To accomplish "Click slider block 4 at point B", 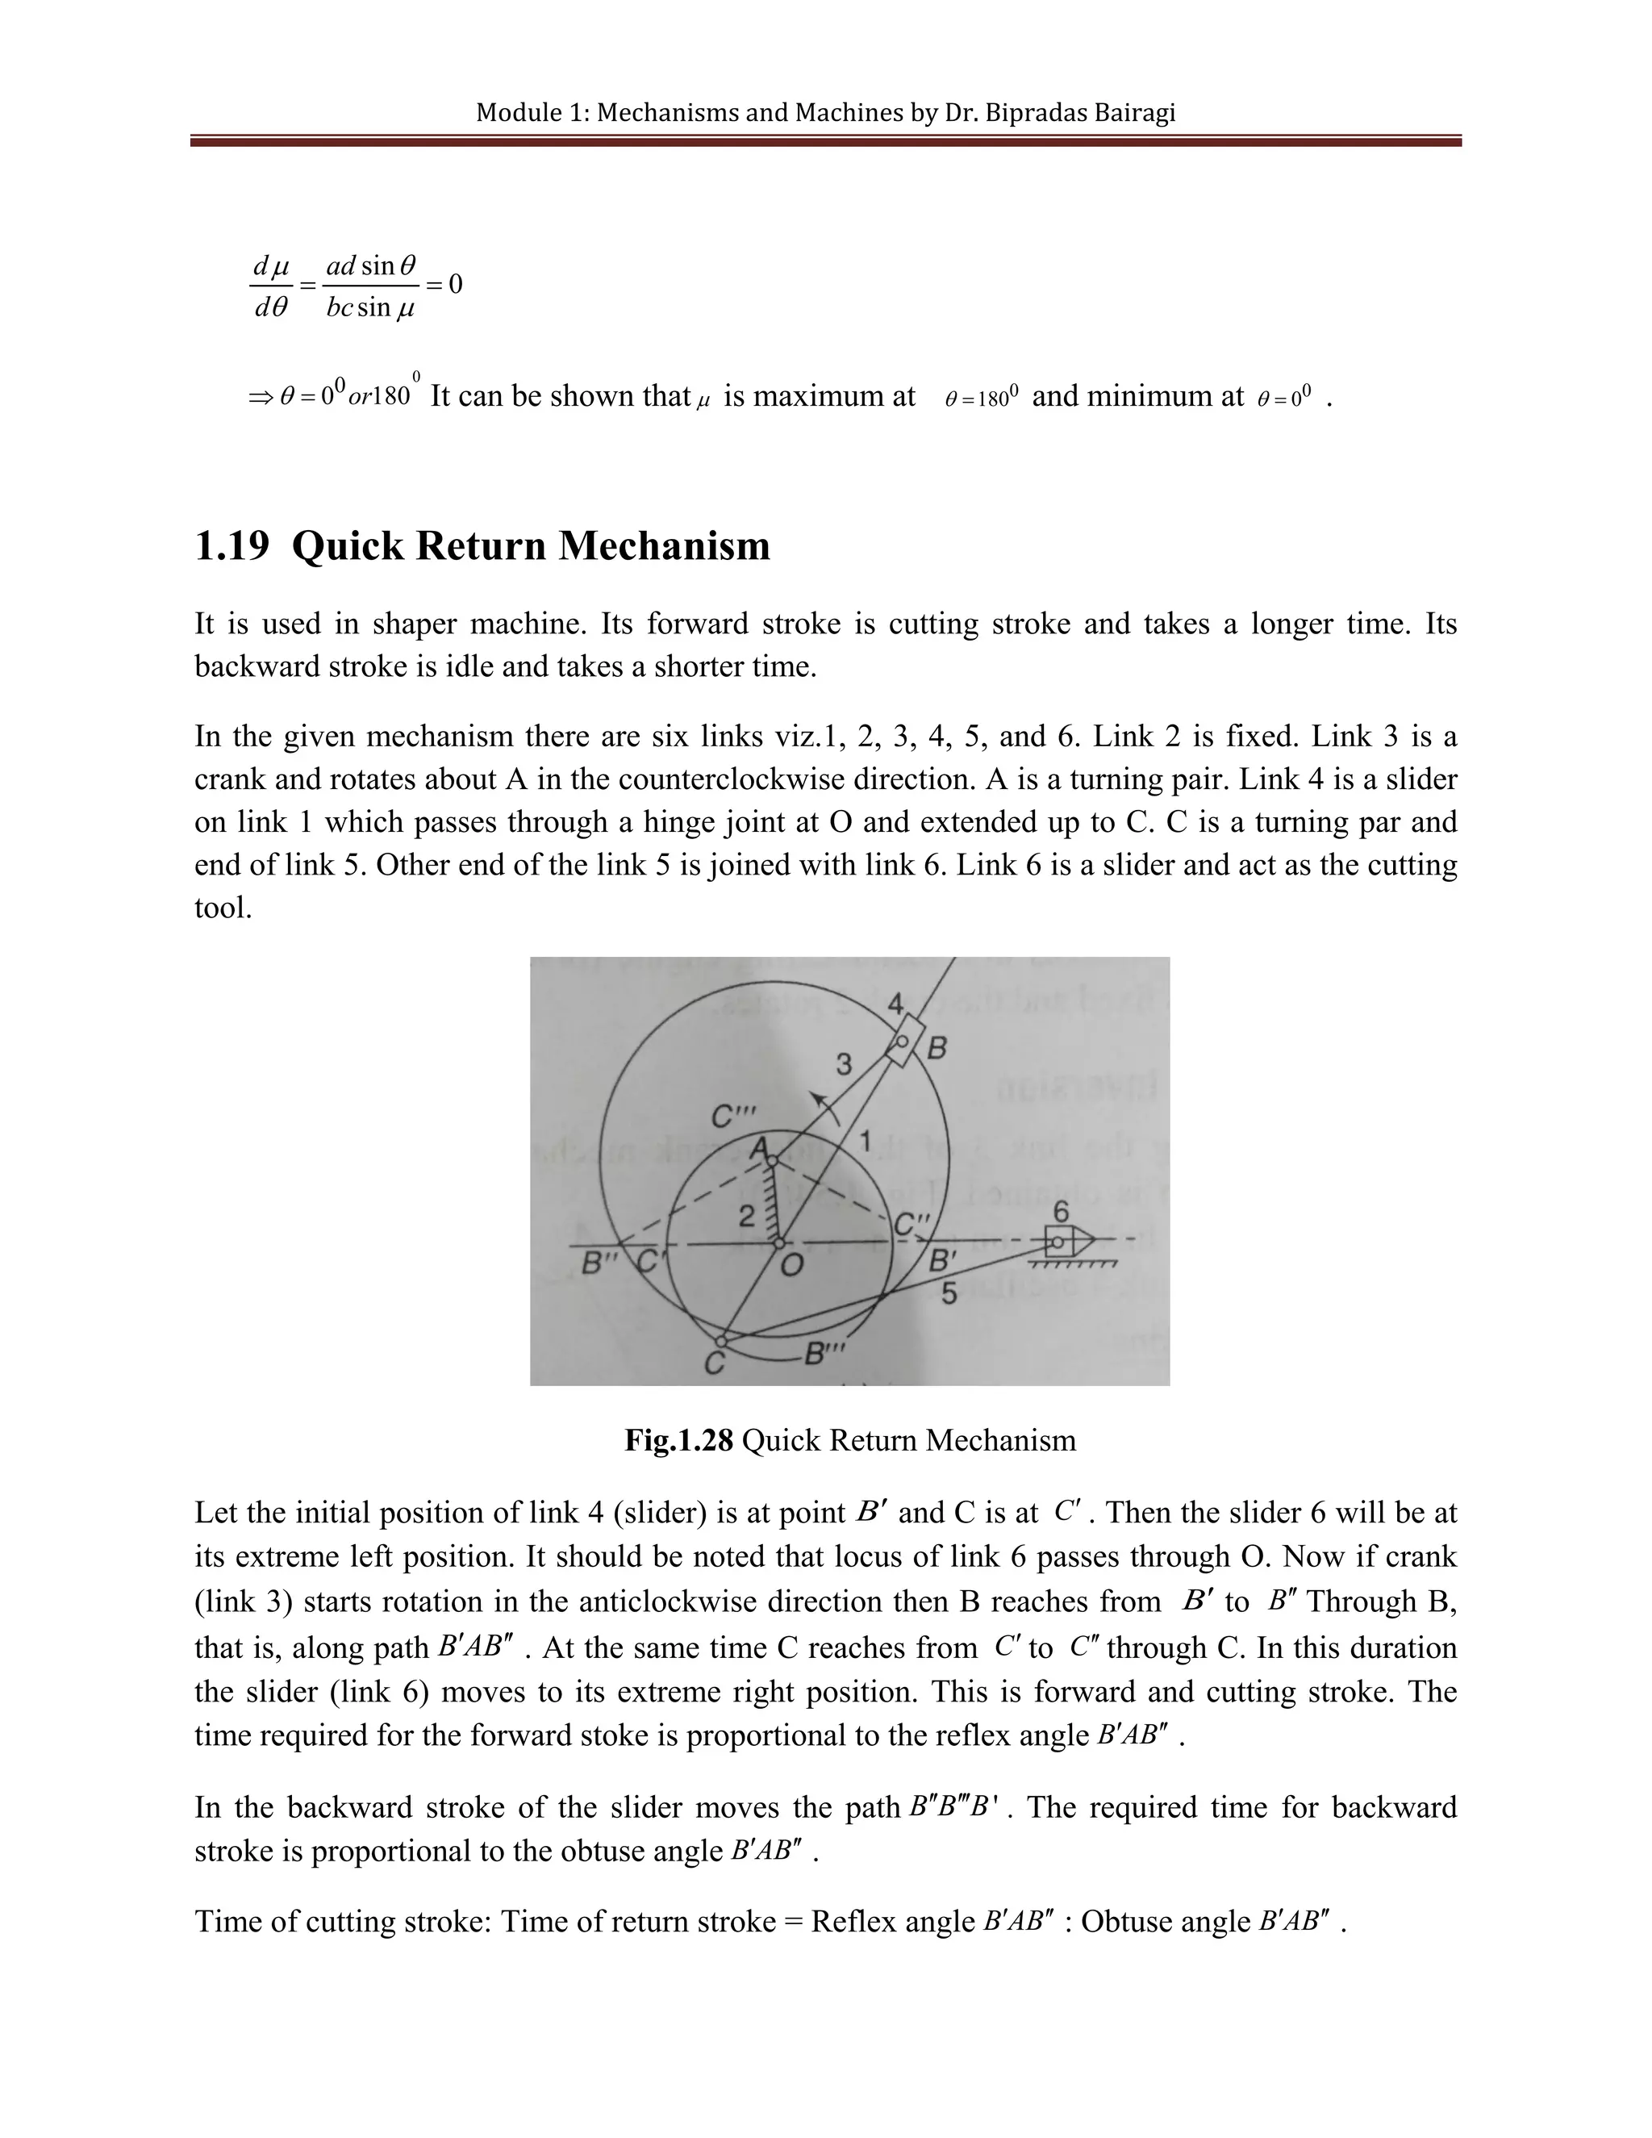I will pyautogui.click(x=903, y=1042).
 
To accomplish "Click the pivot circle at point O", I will pyautogui.click(x=778, y=1243).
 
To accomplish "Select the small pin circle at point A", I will pyautogui.click(x=771, y=1161).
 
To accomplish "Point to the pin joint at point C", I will pyautogui.click(x=722, y=1341).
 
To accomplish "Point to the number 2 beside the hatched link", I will pyautogui.click(x=746, y=1217).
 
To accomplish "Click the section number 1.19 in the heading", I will pyautogui.click(x=232, y=545).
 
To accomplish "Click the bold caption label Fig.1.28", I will pyautogui.click(x=678, y=1440).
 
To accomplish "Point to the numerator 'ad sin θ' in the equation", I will pyautogui.click(x=371, y=265).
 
